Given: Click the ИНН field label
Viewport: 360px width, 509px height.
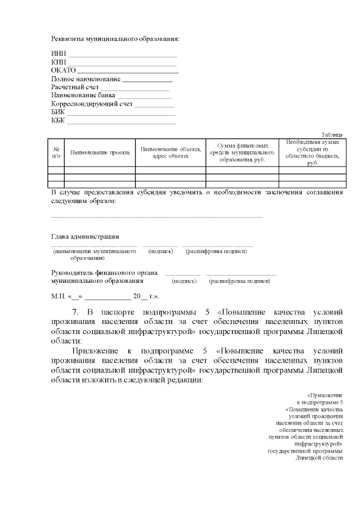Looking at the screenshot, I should (x=58, y=53).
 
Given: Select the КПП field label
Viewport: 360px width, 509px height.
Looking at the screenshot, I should (x=58, y=61).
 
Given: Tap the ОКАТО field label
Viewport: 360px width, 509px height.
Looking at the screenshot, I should (x=63, y=70).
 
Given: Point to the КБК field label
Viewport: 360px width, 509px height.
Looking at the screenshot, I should (x=58, y=120).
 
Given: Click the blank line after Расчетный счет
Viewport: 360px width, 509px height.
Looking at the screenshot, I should (x=135, y=87).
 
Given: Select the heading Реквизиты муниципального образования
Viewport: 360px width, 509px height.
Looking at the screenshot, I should (x=115, y=39).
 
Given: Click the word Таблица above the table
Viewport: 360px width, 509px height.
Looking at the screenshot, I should (x=331, y=134).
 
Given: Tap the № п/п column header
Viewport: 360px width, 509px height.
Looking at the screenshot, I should (x=56, y=152).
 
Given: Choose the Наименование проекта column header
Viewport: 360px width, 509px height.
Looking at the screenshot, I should (x=100, y=152).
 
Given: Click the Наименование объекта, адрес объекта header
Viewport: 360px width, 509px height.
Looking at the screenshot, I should (x=170, y=152).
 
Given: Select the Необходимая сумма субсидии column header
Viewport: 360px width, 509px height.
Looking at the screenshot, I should (x=312, y=152).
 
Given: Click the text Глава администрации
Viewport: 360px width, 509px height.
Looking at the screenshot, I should (x=85, y=237).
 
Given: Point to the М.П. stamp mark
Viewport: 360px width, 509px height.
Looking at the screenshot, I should (x=58, y=296).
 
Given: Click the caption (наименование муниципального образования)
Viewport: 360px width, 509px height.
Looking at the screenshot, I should (x=91, y=254).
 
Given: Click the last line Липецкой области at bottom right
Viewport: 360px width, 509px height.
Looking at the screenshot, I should (x=319, y=458).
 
